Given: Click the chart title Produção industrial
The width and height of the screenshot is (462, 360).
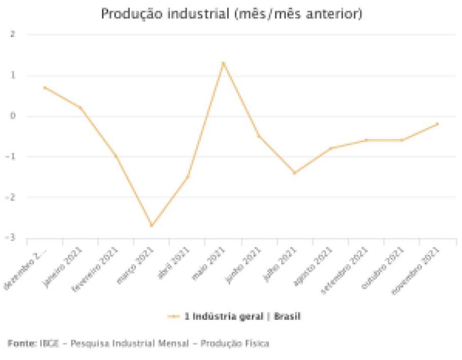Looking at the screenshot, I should pos(231,14).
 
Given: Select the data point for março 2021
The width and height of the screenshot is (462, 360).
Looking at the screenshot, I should pos(152,226).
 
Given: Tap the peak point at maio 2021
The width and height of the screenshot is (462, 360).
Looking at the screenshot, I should pos(223,63).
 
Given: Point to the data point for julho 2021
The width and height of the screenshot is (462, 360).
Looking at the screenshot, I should pos(294,173).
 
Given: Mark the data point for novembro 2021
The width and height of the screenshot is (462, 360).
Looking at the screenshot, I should pos(437,123).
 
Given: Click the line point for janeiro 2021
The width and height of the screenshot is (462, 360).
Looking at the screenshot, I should pos(80,107).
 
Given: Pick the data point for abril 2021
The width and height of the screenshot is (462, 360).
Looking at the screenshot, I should pos(188,177).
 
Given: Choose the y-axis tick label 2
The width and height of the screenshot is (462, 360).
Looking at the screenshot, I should pos(13,34).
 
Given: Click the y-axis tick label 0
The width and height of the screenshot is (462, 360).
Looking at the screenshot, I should pos(13,116).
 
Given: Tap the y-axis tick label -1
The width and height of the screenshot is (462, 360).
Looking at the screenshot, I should pos(11,157).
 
